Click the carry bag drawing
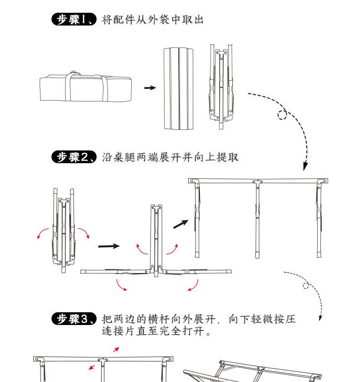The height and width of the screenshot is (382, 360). pyautogui.click(x=86, y=88)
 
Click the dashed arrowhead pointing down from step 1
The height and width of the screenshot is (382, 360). pyautogui.click(x=306, y=166)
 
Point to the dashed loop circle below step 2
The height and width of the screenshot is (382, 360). pyautogui.click(x=306, y=286)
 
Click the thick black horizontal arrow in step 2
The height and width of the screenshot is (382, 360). pyautogui.click(x=109, y=246)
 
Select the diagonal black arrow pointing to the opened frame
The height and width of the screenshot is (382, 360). pyautogui.click(x=181, y=224)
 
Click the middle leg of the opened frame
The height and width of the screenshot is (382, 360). pyautogui.click(x=257, y=219)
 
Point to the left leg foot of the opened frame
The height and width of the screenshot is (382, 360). pyautogui.click(x=197, y=251)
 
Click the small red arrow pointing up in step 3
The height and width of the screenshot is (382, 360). pyautogui.click(x=116, y=350)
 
